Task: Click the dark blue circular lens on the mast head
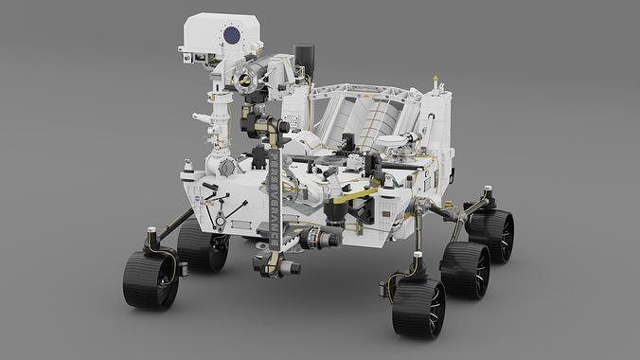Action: (x=229, y=37)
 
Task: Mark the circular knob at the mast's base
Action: (x=226, y=166)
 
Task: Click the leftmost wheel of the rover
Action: (x=150, y=279)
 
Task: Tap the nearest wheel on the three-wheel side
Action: (x=418, y=307)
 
